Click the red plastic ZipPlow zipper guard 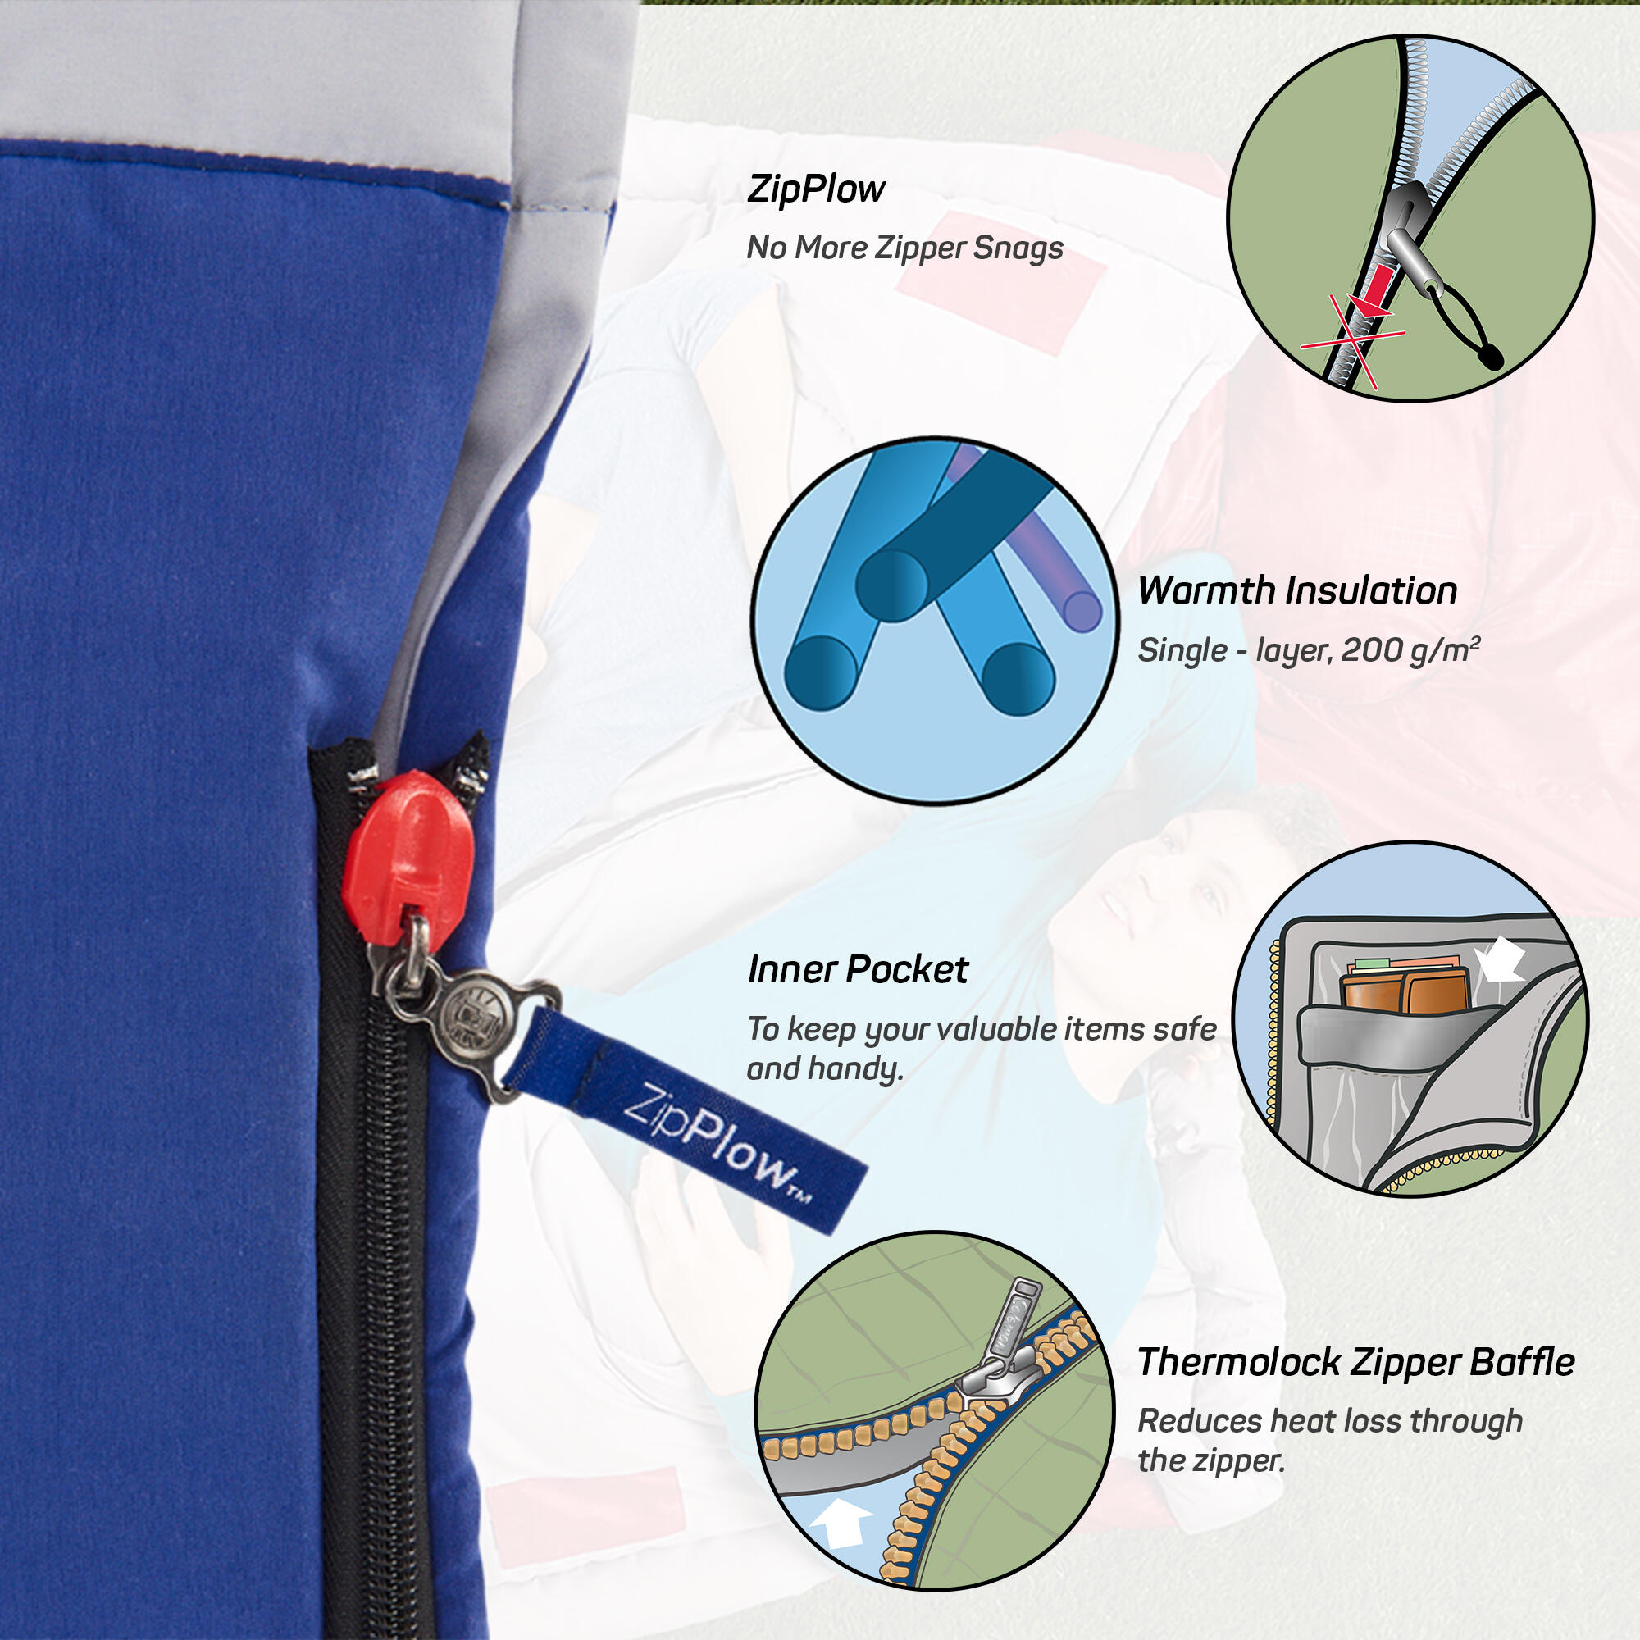(x=408, y=862)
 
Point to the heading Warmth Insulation (x=1297, y=590)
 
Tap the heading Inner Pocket (x=858, y=969)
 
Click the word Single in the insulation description (x=1182, y=652)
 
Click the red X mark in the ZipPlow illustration (x=1353, y=339)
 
